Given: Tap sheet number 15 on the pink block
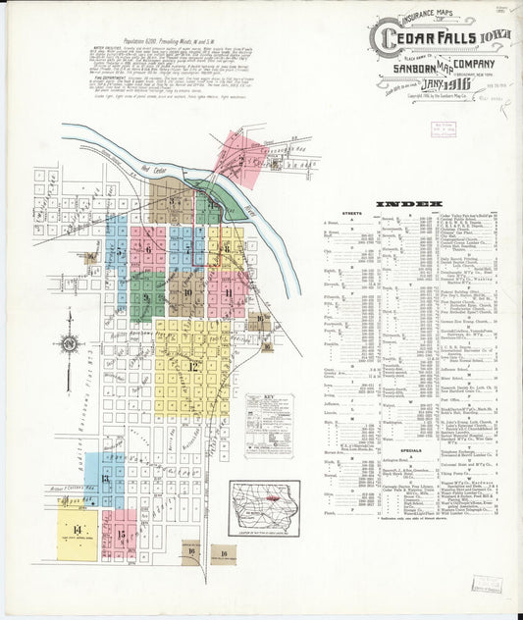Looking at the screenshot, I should coord(120,535).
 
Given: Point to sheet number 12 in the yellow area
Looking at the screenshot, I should coord(193,366).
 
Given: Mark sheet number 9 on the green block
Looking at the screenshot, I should coord(147,292).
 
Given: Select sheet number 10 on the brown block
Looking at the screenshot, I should coord(186,292).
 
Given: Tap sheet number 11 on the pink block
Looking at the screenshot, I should coord(228,292).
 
